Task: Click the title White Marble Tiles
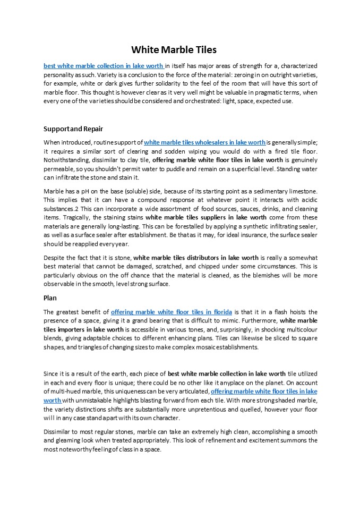pos(174,50)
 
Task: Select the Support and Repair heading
pos(73,129)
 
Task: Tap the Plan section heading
pos(50,298)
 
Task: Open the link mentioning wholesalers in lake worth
pos(204,142)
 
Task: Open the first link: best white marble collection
pos(104,66)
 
